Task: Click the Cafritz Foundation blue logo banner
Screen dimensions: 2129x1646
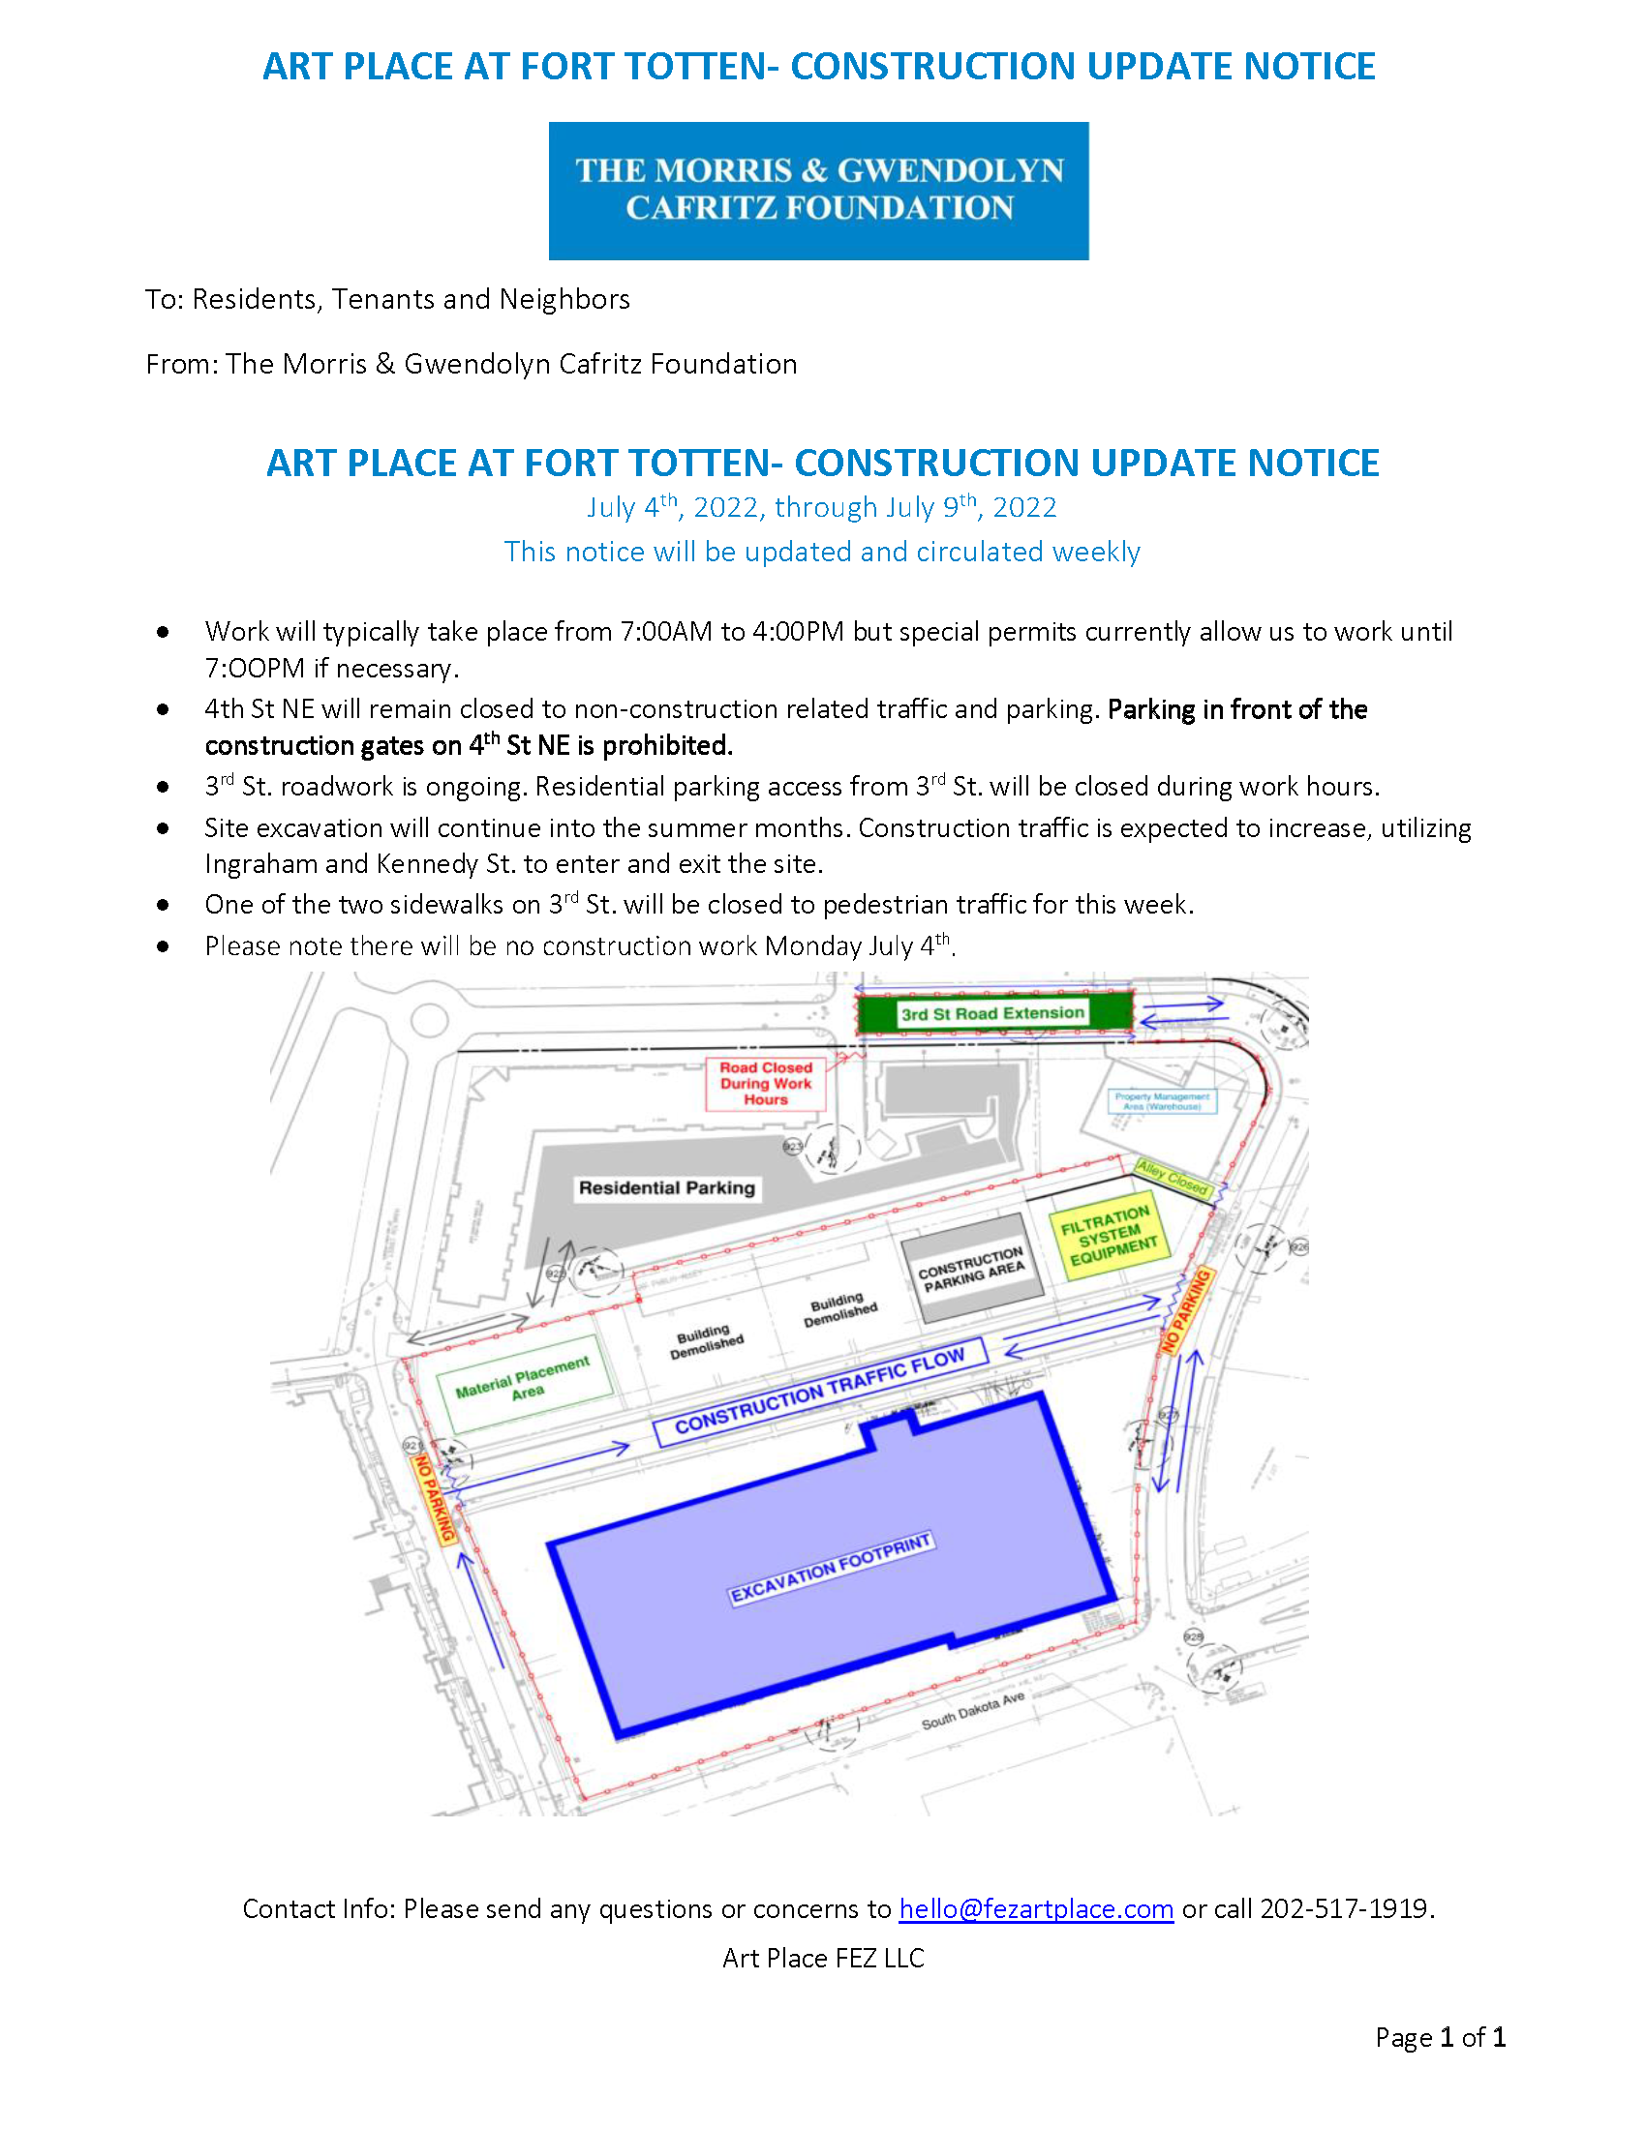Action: pos(818,190)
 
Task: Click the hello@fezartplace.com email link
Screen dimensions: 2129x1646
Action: pos(1036,1907)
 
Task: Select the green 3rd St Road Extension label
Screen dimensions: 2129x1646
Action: pos(992,1013)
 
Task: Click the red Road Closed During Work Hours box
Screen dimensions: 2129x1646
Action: pos(766,1083)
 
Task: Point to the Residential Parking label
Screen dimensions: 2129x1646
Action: pos(667,1187)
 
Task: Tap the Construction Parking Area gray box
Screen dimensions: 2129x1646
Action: pos(971,1269)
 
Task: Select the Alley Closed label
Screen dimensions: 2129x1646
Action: pos(1173,1178)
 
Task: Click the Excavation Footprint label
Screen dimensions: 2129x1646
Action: pos(832,1568)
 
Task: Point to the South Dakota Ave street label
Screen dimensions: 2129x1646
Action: pos(972,1711)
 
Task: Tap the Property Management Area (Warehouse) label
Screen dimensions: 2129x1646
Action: pos(1161,1100)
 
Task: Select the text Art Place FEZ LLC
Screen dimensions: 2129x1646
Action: pos(823,1958)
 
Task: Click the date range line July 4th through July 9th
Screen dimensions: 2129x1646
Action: pos(821,507)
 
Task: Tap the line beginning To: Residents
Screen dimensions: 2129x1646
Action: pos(387,299)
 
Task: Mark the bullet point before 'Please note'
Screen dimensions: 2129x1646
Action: pos(163,946)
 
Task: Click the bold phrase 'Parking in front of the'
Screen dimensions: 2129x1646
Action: pos(1236,709)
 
